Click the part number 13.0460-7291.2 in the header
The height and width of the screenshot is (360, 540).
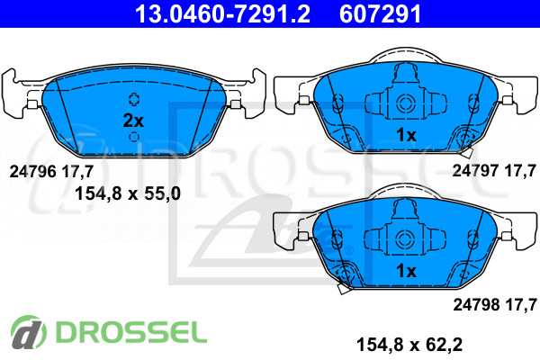click(x=222, y=13)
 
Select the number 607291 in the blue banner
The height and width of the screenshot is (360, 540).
click(x=380, y=13)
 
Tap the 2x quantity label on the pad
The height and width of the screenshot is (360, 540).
click(x=133, y=121)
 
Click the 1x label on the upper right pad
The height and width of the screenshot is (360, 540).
click(x=406, y=135)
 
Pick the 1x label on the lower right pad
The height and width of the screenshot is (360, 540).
click(x=406, y=271)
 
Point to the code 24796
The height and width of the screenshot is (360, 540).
click(x=32, y=171)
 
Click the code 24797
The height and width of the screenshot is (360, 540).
click(x=475, y=170)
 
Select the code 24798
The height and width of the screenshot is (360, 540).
click(x=476, y=304)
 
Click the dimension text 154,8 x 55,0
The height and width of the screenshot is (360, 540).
click(x=128, y=193)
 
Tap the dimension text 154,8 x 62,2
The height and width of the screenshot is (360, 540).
click(x=409, y=345)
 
